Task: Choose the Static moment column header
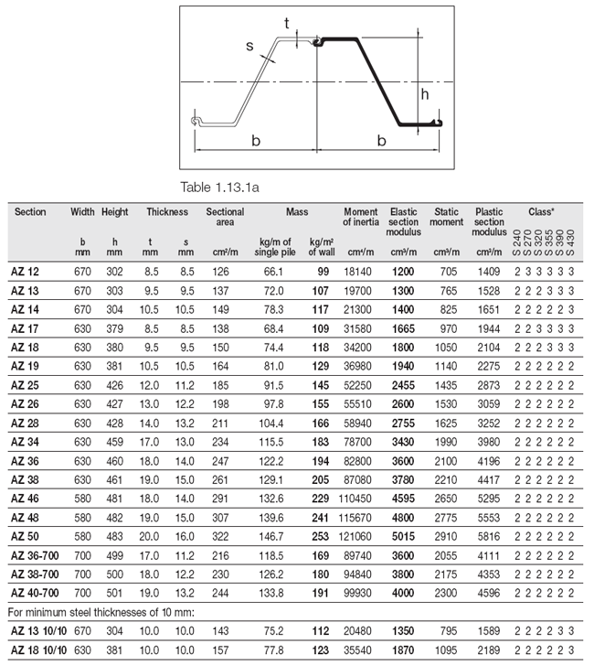pos(447,217)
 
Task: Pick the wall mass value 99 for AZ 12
pos(323,273)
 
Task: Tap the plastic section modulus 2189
pos(489,649)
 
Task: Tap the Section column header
pos(30,211)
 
